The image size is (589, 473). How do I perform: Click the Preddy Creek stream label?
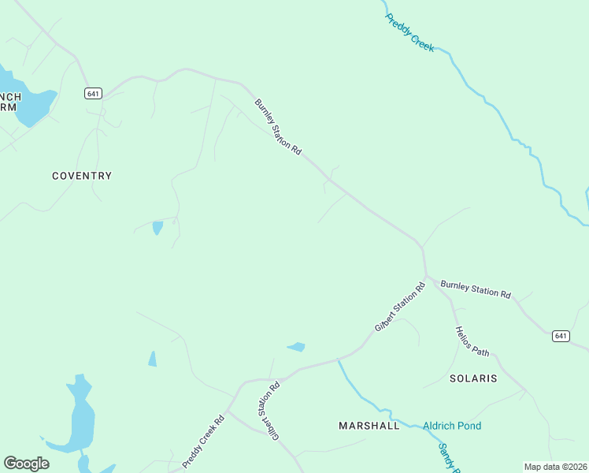409,33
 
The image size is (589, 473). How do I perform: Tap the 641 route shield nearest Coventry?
93,93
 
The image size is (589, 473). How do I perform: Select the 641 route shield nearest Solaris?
560,336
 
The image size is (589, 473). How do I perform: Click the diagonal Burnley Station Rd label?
278,127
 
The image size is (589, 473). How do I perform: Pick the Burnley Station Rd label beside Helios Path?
476,289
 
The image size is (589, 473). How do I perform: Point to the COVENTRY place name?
82,176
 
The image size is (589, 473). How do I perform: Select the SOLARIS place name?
473,378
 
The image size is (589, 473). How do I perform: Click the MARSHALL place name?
369,426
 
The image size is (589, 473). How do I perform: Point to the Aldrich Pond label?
452,426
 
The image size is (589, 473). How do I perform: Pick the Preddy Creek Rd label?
204,441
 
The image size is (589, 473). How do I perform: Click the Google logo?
26,464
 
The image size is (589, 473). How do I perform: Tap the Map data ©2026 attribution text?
555,467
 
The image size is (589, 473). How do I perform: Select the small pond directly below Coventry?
157,228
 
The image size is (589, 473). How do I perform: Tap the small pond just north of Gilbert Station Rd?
297,346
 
